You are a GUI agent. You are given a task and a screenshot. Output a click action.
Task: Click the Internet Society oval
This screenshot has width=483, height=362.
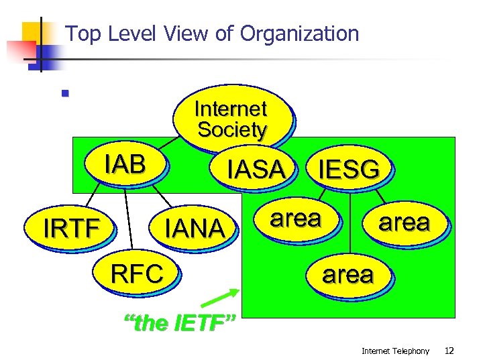pyautogui.click(x=232, y=119)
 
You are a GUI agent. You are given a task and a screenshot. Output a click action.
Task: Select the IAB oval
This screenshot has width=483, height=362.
pyautogui.click(x=125, y=164)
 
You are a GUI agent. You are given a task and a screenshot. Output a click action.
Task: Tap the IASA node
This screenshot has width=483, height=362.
pyautogui.click(x=256, y=170)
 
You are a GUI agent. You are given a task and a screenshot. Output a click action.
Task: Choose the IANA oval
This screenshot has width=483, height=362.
pyautogui.click(x=196, y=229)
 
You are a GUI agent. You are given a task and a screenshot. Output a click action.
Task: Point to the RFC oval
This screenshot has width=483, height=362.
pyautogui.click(x=137, y=274)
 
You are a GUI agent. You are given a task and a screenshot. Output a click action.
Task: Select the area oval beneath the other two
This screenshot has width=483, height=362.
pyautogui.click(x=347, y=274)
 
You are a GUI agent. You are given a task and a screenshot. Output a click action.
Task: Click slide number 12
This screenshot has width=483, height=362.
pyautogui.click(x=449, y=351)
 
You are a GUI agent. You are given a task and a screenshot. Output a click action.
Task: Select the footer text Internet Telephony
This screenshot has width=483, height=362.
pyautogui.click(x=395, y=351)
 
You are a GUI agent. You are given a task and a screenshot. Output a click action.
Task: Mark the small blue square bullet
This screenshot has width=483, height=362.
pyautogui.click(x=65, y=93)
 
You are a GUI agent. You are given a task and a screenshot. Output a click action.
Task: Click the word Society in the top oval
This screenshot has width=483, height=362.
pyautogui.click(x=232, y=129)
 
